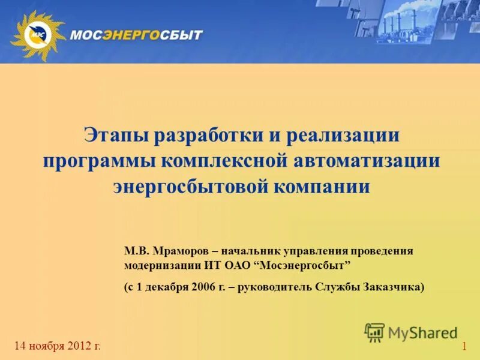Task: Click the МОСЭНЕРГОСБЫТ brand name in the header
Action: (x=136, y=35)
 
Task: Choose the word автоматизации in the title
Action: (x=367, y=161)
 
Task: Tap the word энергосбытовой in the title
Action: (x=190, y=186)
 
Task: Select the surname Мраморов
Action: (x=179, y=251)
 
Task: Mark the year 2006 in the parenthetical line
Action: (x=203, y=287)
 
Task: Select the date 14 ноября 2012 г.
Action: (x=58, y=346)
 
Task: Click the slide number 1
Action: (x=464, y=347)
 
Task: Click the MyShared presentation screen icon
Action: (x=374, y=332)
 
